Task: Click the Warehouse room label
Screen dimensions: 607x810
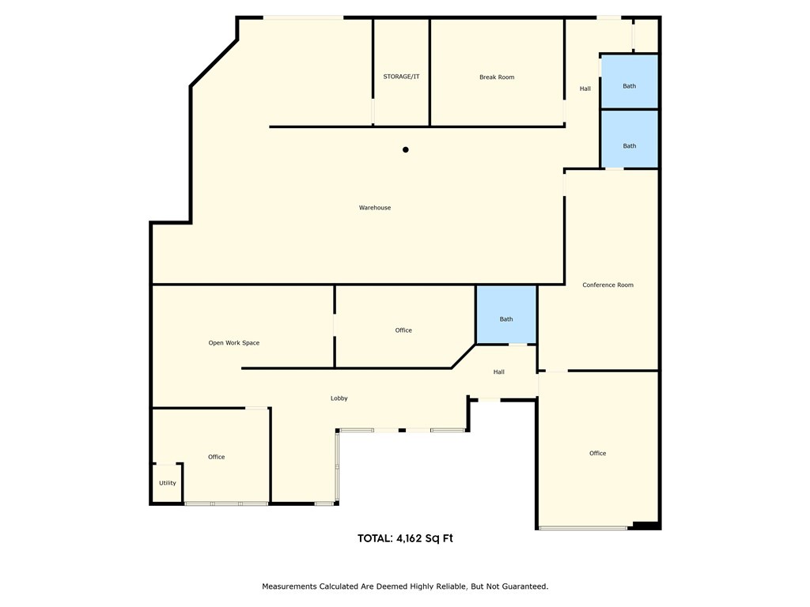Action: pos(375,208)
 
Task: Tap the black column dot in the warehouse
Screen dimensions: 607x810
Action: pos(406,149)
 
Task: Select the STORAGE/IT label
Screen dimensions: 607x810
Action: pos(401,77)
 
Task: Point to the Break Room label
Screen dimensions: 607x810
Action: pos(497,77)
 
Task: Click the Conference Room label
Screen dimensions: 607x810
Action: pos(607,285)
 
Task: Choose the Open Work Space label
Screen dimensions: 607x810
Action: pos(233,343)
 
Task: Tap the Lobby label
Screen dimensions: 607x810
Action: pos(339,398)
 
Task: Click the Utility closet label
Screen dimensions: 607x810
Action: pos(168,483)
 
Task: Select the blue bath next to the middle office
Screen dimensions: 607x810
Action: pos(506,315)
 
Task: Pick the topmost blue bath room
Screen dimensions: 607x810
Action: pos(630,82)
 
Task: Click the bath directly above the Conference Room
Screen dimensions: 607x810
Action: pos(630,140)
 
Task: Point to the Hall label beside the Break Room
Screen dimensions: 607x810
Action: pos(585,89)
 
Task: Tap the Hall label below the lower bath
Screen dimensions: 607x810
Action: pos(499,372)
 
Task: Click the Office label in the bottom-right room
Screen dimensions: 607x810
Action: pos(598,454)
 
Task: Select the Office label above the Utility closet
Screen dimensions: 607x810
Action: pos(216,457)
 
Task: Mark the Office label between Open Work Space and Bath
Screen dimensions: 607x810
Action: pos(403,330)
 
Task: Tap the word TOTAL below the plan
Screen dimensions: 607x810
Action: pos(374,538)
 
